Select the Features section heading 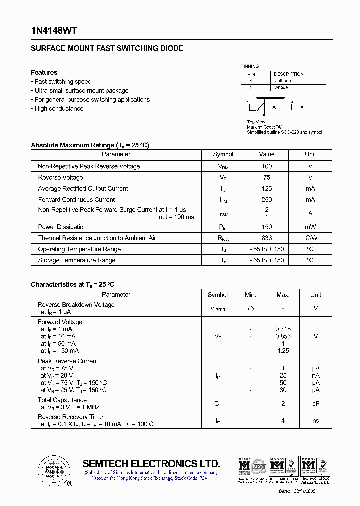[x=44, y=72]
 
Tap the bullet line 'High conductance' [x=59, y=109]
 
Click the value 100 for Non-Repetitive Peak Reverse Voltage [x=266, y=166]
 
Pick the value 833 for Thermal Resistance [x=266, y=238]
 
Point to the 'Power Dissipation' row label [x=62, y=227]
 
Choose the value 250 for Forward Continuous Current [x=266, y=199]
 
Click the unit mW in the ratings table [x=310, y=227]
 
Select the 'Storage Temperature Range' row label [x=76, y=260]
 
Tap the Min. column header [x=250, y=295]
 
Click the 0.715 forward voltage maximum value [x=283, y=329]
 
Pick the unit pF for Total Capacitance [x=315, y=403]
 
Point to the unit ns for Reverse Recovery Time [x=315, y=421]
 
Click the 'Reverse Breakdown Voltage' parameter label [x=76, y=305]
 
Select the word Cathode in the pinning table [x=282, y=80]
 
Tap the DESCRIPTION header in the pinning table [x=288, y=74]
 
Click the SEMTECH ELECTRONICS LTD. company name [x=151, y=463]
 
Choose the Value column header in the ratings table [x=266, y=154]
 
